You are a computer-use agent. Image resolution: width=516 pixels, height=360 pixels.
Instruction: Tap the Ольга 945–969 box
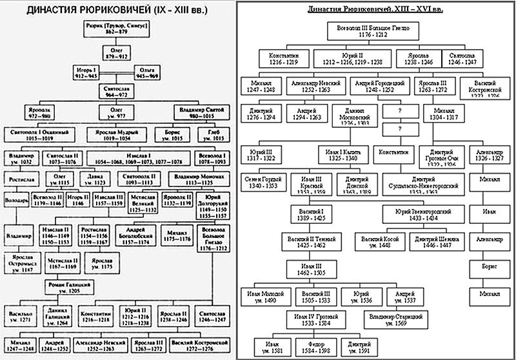148,71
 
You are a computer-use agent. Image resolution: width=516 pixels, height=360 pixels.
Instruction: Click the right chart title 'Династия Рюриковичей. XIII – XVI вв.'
379,10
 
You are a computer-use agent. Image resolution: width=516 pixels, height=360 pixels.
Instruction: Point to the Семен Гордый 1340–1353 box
263,183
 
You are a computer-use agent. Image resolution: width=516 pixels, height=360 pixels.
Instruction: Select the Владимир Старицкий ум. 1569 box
396,321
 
